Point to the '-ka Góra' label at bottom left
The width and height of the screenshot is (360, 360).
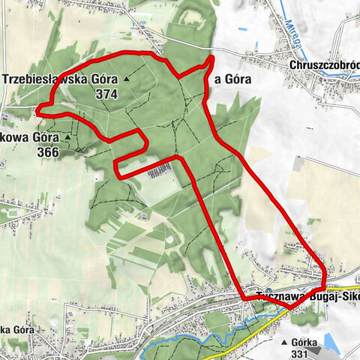(15, 330)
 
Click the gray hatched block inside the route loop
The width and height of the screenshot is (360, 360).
(159, 172)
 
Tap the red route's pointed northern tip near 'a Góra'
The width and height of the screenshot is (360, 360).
(211, 58)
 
